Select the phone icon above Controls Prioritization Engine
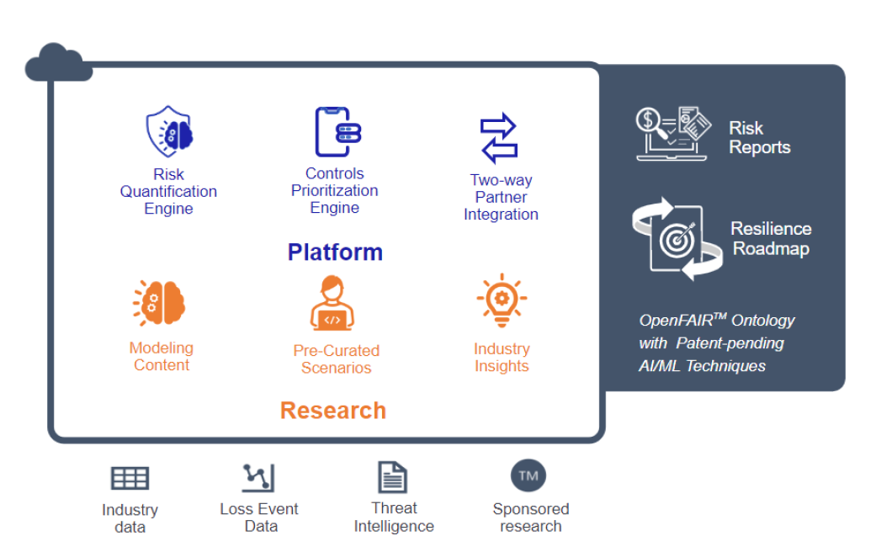(332, 132)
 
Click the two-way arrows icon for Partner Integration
(498, 138)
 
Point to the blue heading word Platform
(335, 252)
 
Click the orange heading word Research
(333, 411)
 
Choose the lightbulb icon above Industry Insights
(501, 301)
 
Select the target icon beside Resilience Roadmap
(677, 239)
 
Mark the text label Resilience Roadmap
(771, 239)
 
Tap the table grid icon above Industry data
(130, 479)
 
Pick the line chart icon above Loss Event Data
(258, 478)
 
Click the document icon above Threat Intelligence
(392, 477)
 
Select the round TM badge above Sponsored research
(528, 476)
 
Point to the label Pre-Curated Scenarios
(336, 359)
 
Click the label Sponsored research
(531, 517)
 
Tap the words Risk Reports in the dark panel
(760, 138)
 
